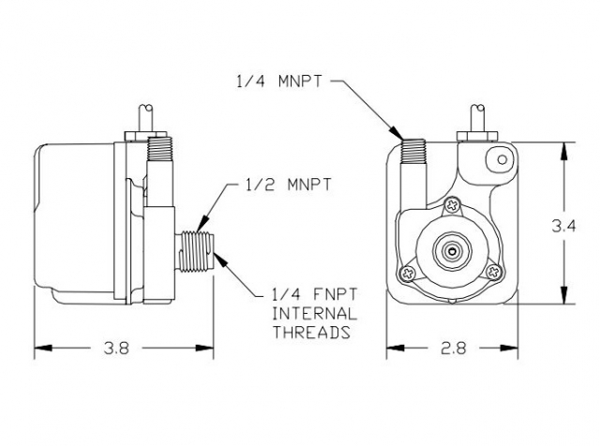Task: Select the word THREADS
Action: click(310, 332)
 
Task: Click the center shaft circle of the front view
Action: click(453, 251)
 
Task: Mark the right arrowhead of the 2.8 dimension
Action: click(516, 349)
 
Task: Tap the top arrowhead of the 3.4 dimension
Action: click(562, 147)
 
